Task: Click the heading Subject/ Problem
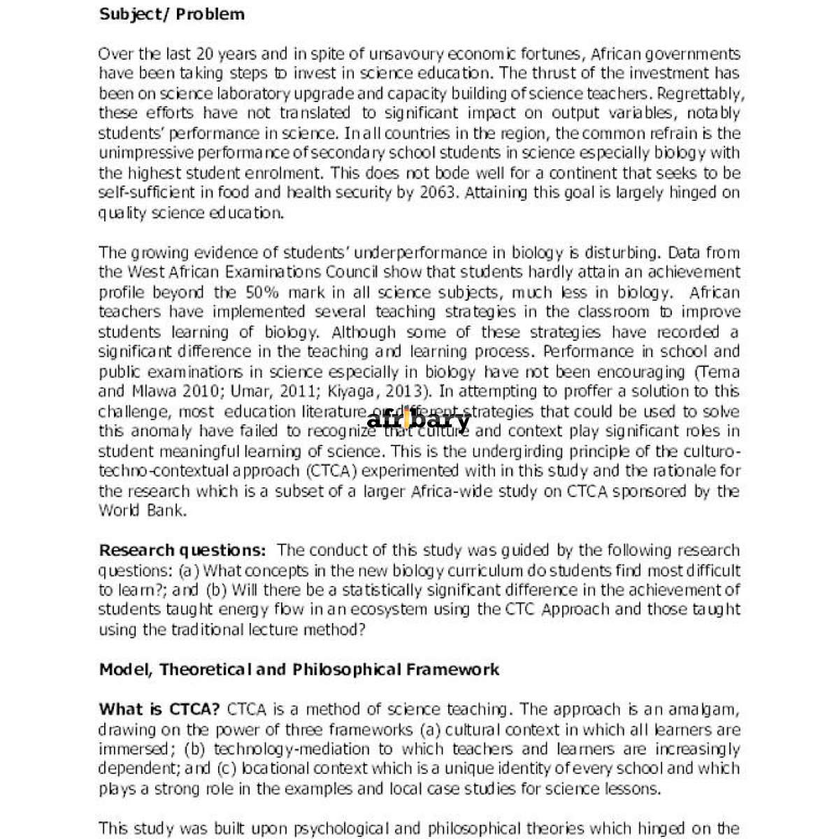[x=172, y=14]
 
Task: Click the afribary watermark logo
[x=418, y=420]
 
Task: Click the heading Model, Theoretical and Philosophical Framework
[x=299, y=670]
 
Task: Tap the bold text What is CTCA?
[x=159, y=710]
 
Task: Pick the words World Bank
[x=143, y=510]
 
